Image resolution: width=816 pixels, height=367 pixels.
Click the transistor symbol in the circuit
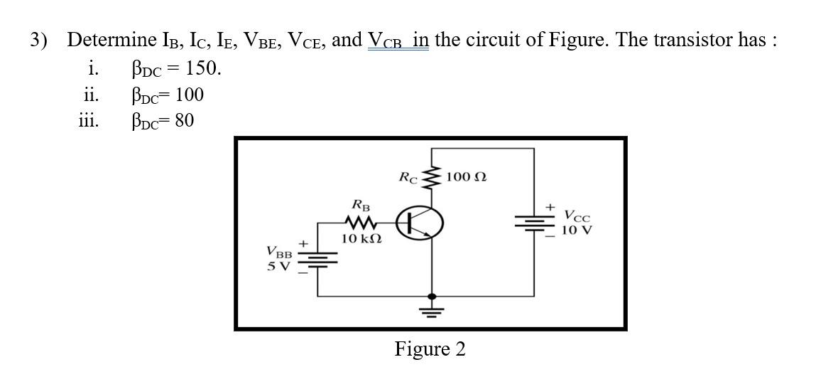(x=420, y=223)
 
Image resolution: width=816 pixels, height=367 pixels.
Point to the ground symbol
(x=430, y=310)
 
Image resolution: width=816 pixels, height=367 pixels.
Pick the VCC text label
(x=577, y=215)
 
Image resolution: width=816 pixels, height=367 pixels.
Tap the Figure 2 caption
(x=430, y=349)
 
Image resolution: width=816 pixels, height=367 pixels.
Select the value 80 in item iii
(x=184, y=121)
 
